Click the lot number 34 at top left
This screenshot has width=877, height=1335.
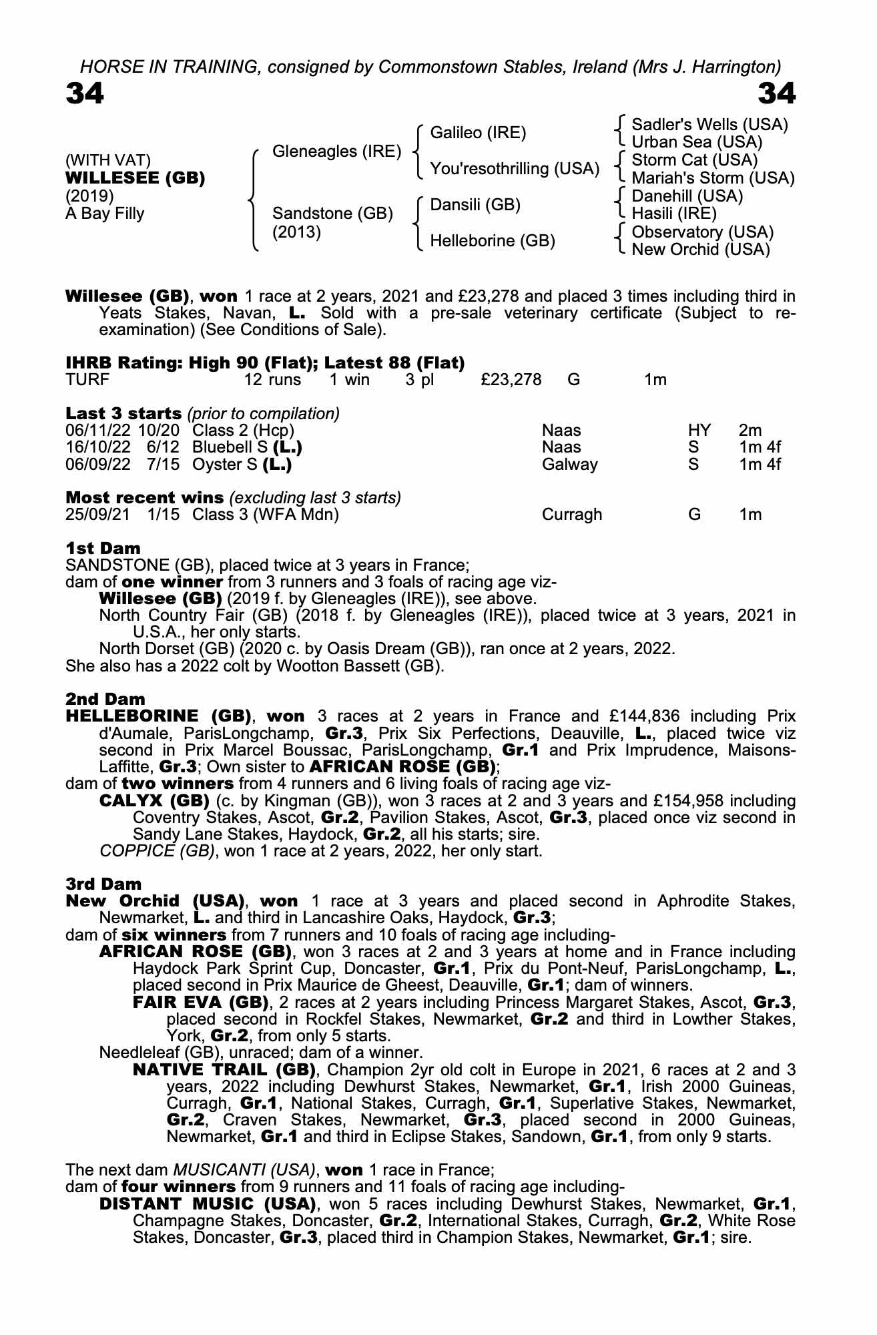coord(85,94)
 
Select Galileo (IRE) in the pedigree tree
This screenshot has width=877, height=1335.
coord(478,133)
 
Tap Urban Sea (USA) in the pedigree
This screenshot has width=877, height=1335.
coord(696,142)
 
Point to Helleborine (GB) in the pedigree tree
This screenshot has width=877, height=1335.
coord(492,241)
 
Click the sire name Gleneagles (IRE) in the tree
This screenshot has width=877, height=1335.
coord(337,152)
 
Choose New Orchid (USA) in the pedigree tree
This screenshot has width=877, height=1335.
coord(700,250)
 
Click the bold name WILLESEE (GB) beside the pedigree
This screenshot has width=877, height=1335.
coord(135,178)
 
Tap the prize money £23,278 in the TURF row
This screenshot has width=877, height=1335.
coord(511,380)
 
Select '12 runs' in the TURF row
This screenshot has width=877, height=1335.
coord(272,380)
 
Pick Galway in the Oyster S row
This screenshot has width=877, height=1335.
coord(569,465)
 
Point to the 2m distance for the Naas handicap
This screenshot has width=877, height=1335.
coord(750,431)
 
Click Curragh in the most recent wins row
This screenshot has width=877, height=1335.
coord(571,515)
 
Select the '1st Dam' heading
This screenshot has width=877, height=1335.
coord(103,548)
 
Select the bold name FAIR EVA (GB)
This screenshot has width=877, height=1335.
coord(200,1002)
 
